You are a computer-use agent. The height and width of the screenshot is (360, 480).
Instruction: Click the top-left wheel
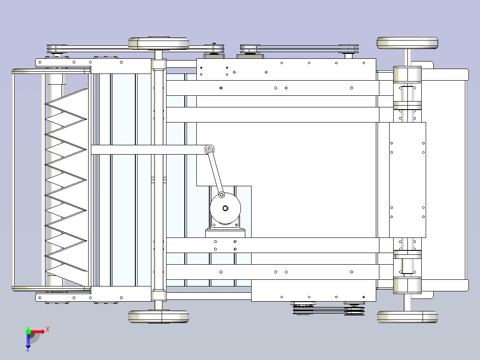[x=159, y=44]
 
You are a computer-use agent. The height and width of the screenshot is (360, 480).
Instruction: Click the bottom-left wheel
[x=159, y=316]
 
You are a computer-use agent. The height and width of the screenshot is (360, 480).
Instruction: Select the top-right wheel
[x=407, y=43]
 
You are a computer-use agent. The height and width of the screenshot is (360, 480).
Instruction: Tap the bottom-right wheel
[x=407, y=317]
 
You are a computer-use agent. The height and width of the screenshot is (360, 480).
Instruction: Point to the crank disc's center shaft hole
[x=225, y=209]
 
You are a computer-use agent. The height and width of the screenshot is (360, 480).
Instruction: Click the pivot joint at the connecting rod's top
[x=209, y=150]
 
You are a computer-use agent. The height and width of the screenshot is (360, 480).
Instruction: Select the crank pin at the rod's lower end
[x=222, y=195]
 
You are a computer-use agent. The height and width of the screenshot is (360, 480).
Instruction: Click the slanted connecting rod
[x=216, y=172]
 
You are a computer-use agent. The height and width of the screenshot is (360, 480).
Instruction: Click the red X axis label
[x=48, y=330]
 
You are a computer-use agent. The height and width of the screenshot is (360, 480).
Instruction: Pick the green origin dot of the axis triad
[x=28, y=331]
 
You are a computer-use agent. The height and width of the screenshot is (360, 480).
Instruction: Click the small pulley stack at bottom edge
[x=329, y=309]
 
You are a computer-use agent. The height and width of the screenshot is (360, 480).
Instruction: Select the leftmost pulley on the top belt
[x=57, y=49]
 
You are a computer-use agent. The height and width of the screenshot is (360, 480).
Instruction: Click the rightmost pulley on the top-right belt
[x=348, y=49]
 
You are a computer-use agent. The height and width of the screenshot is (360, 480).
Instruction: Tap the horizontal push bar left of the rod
[x=148, y=150]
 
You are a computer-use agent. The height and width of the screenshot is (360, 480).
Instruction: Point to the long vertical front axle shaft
[x=159, y=180]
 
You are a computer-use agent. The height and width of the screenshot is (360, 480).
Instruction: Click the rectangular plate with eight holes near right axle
[x=407, y=180]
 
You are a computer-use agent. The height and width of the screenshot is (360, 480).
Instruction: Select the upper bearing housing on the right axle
[x=407, y=88]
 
